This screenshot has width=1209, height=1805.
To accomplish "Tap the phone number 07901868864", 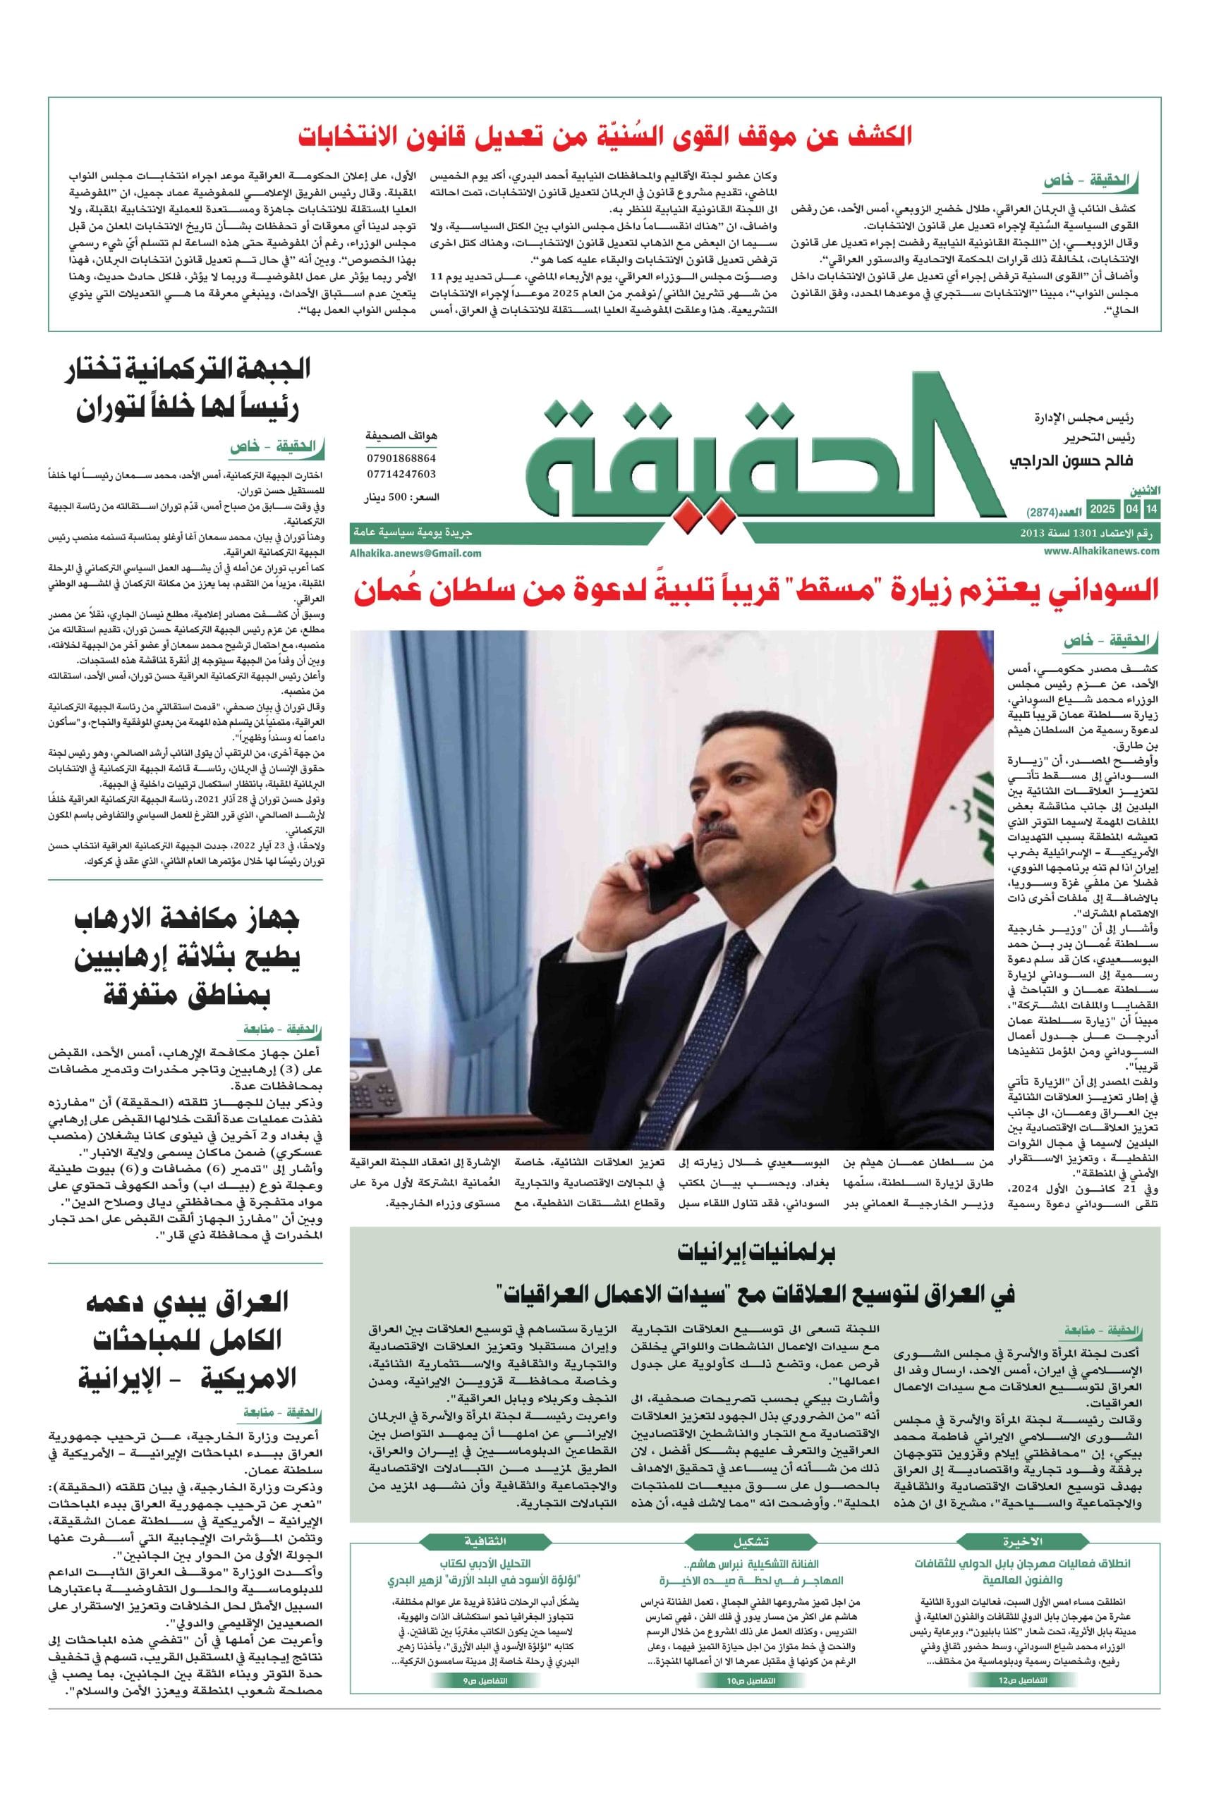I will coord(401,458).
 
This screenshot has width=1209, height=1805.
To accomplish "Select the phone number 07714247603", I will coord(401,474).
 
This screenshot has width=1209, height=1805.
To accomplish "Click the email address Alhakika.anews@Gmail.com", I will coord(415,553).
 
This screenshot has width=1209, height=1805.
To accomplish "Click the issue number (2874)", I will coord(1043,513).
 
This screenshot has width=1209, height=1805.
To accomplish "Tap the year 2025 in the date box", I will coord(1102,510).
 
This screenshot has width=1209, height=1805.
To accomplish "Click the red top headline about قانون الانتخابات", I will coord(605,136).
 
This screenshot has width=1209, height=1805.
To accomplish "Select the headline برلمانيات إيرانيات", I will coord(755,1252).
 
